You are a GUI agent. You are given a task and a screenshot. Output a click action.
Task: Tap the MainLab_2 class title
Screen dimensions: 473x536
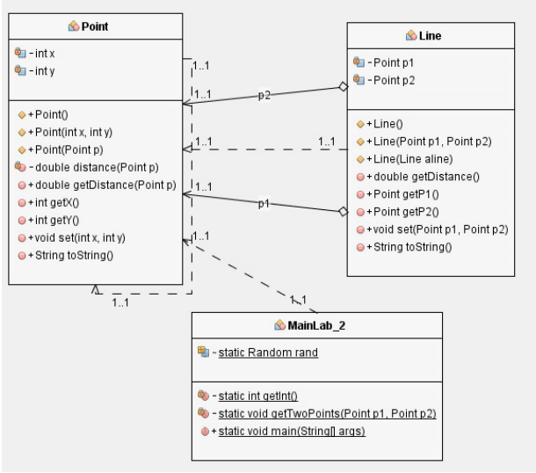tap(317, 327)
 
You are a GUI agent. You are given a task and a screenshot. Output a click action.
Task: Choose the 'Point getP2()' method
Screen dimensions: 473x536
tap(406, 211)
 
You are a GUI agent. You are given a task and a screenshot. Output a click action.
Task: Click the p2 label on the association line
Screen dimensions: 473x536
tap(264, 95)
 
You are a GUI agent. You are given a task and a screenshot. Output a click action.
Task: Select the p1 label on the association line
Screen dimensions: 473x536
tap(264, 204)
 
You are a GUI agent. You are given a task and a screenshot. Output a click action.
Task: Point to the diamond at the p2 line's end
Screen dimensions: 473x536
tap(344, 87)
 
